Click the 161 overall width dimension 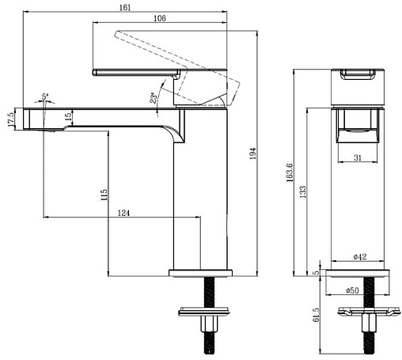click(x=125, y=7)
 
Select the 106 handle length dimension click(x=160, y=18)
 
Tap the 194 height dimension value click(x=252, y=153)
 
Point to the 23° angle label click(x=154, y=98)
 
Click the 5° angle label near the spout click(x=45, y=97)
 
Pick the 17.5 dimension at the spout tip click(x=11, y=119)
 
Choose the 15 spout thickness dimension click(x=68, y=116)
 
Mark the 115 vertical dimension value click(x=104, y=195)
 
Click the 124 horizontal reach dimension click(x=123, y=213)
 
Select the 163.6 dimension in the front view click(x=290, y=172)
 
